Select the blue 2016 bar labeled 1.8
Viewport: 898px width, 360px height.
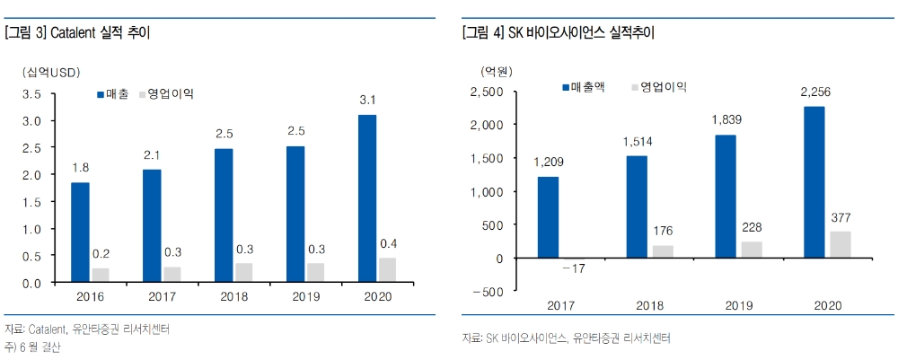tap(80, 233)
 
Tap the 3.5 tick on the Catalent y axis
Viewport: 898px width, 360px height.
tap(31, 93)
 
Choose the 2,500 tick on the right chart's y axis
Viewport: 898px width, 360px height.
tap(487, 92)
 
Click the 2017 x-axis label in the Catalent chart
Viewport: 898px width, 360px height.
tap(162, 296)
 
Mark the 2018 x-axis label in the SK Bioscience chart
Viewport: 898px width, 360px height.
tap(637, 306)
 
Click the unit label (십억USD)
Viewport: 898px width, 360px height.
tap(48, 72)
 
